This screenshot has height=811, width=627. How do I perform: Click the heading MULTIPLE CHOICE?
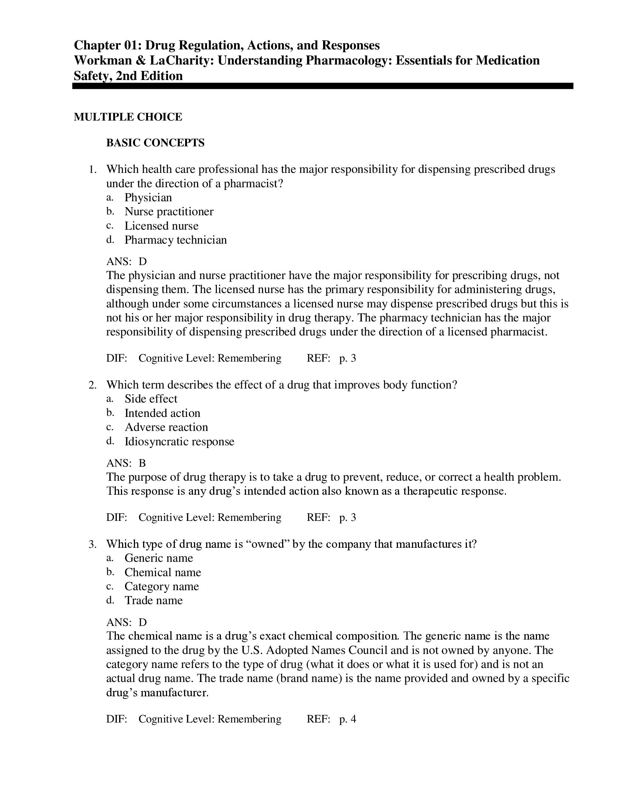click(x=128, y=117)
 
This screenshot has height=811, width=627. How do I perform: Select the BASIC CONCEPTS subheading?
click(x=155, y=143)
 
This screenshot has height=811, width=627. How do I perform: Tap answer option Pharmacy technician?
click(x=175, y=240)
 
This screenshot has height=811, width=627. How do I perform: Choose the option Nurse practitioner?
click(x=169, y=212)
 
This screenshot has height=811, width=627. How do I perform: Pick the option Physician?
click(x=148, y=198)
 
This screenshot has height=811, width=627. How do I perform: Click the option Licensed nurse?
click(x=161, y=226)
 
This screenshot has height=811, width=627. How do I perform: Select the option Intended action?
click(x=162, y=413)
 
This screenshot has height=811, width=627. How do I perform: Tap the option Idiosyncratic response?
click(x=179, y=442)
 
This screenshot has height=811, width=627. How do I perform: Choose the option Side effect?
click(x=151, y=399)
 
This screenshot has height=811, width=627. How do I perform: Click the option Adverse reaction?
click(x=166, y=427)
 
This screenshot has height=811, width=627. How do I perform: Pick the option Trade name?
click(x=153, y=601)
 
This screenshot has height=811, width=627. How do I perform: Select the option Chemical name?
click(x=163, y=572)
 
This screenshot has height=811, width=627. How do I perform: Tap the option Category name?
click(x=162, y=587)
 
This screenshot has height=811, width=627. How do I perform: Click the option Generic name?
click(x=159, y=558)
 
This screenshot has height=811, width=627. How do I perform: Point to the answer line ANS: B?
click(x=126, y=463)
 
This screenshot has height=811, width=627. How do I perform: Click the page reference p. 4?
click(x=348, y=719)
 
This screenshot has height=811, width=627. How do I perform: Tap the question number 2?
click(x=93, y=385)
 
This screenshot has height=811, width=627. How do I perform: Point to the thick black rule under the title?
click(x=322, y=86)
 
